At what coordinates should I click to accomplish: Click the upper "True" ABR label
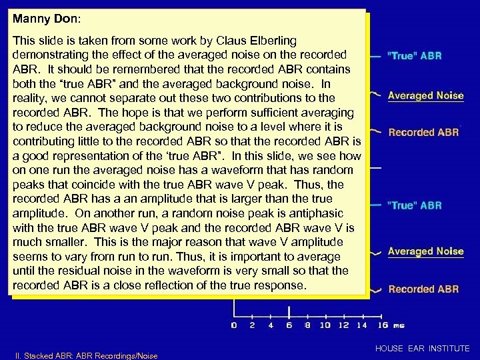pyautogui.click(x=414, y=55)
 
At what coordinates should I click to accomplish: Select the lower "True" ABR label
pyautogui.click(x=414, y=205)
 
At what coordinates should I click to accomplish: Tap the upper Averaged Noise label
pyautogui.click(x=425, y=95)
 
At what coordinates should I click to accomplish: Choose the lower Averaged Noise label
pyautogui.click(x=425, y=251)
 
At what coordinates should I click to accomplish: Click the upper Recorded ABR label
pyautogui.click(x=423, y=133)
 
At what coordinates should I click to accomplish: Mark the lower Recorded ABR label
pyautogui.click(x=423, y=289)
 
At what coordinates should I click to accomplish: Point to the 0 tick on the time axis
pyautogui.click(x=233, y=325)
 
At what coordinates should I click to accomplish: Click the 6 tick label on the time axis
pyautogui.click(x=288, y=325)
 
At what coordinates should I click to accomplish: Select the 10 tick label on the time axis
pyautogui.click(x=325, y=325)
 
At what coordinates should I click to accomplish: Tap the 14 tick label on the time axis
pyautogui.click(x=362, y=325)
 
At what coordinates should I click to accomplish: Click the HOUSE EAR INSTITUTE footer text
pyautogui.click(x=423, y=349)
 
